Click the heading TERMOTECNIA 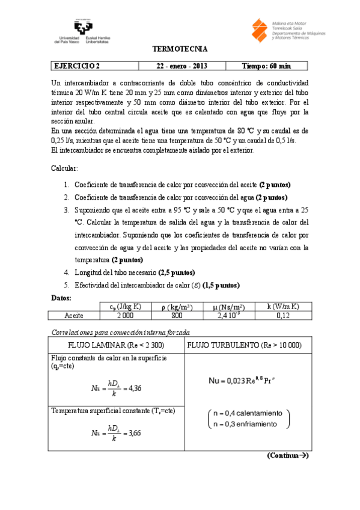[x=180, y=49]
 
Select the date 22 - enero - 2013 [x=179, y=66]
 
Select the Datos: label [x=63, y=297]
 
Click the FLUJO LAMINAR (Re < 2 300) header [x=115, y=346]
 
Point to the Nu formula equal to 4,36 [x=117, y=388]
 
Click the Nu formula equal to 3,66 [x=117, y=433]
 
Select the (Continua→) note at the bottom [x=287, y=456]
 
